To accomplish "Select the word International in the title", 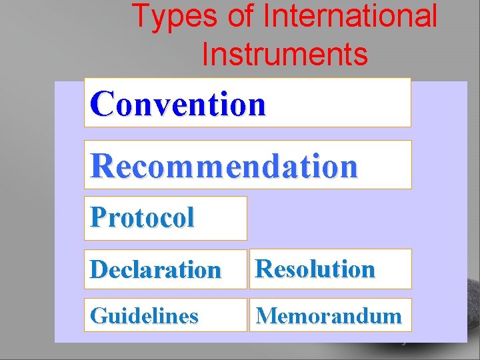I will click(x=351, y=17).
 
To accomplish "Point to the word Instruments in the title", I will click(x=285, y=54).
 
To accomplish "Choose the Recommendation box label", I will click(x=224, y=166).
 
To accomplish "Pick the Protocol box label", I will click(x=142, y=217).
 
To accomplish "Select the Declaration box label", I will click(x=155, y=270).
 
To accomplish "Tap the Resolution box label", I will click(x=315, y=269).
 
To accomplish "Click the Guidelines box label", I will click(x=144, y=315).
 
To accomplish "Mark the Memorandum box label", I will click(x=329, y=315).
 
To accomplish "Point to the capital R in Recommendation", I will click(x=102, y=166).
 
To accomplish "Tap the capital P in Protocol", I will click(x=97, y=217).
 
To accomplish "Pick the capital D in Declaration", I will click(x=98, y=270).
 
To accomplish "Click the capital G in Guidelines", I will click(x=97, y=315).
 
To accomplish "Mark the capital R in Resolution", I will click(x=264, y=269).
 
